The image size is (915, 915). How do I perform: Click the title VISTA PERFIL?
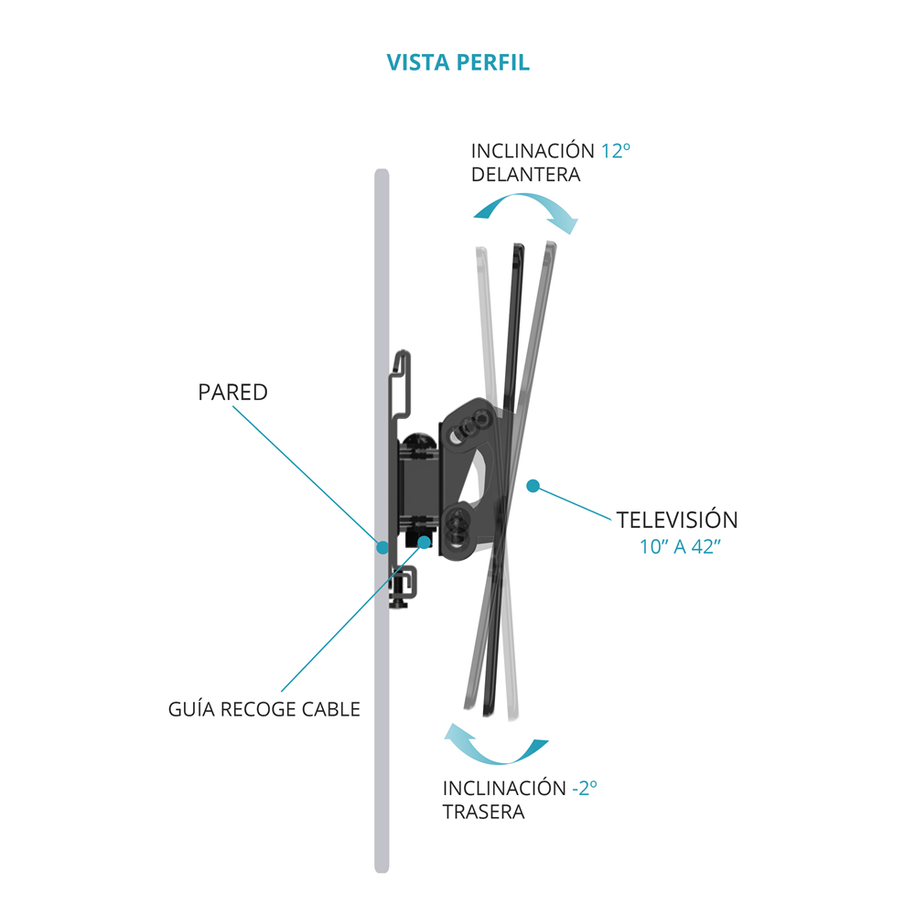457,63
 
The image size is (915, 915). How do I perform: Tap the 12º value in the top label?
616,151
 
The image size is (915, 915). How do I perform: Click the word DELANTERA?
525,175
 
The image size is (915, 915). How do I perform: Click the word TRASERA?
483,812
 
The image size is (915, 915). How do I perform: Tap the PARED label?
232,393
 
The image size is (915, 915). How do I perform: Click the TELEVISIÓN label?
677,520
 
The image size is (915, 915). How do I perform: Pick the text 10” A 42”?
677,549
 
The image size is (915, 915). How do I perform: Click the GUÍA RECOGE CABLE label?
264,709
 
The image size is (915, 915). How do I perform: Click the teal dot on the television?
533,485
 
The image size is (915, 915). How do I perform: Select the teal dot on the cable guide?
424,541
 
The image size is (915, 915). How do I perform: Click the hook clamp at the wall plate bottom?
404,586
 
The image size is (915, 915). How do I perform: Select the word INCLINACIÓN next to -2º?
504,788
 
